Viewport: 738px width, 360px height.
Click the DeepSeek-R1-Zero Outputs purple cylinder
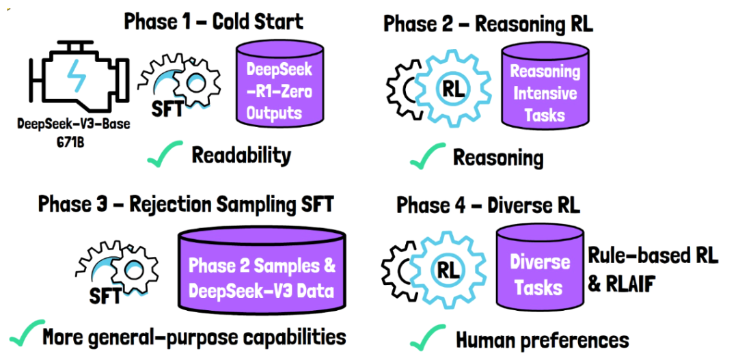coord(279,92)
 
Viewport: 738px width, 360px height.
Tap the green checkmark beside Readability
coord(164,154)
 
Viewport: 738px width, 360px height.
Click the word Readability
coord(241,155)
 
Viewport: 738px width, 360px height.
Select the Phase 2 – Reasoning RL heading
coord(489,24)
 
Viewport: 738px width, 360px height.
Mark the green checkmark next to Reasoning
coord(427,157)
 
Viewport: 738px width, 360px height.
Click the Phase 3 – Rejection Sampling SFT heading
coord(185,204)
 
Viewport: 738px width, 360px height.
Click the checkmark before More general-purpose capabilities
coord(25,335)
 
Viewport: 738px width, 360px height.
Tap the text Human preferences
coord(542,339)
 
